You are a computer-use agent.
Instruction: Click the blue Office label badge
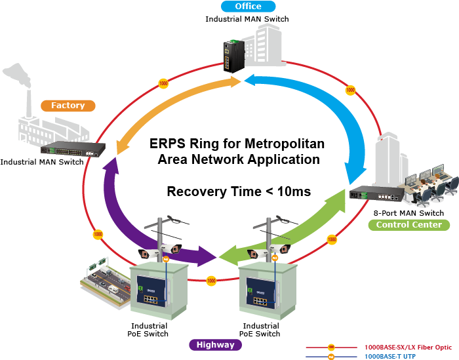(247, 7)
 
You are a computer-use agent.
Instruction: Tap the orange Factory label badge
(68, 105)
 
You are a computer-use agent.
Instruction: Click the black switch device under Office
(233, 56)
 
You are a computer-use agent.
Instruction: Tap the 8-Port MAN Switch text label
(409, 213)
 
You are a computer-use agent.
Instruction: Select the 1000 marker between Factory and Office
(163, 84)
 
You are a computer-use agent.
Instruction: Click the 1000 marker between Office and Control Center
(350, 89)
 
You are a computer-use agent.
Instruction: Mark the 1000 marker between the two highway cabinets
(211, 281)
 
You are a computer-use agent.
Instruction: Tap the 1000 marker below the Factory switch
(98, 234)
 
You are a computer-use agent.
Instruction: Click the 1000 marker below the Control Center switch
(332, 239)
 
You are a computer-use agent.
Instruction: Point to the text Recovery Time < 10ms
(239, 191)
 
